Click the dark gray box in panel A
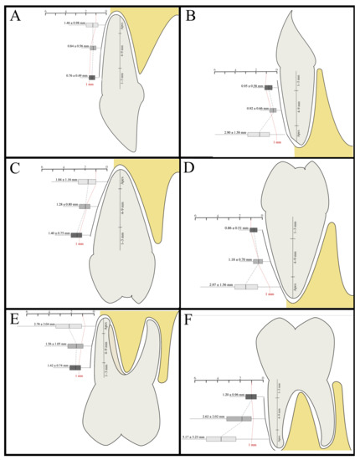tap(92, 77)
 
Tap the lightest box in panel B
tap(259, 134)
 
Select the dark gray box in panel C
tap(77, 235)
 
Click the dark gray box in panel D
tap(254, 229)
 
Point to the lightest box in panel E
tap(69, 326)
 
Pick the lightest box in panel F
tap(220, 438)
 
